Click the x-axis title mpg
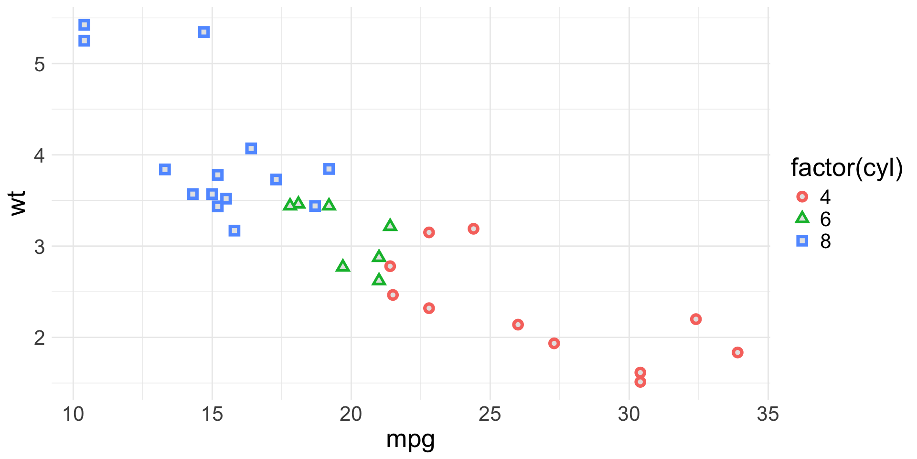tap(410, 439)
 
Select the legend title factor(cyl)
tap(846, 168)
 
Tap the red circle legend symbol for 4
tap(802, 197)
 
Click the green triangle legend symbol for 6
tap(802, 219)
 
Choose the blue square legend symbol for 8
tap(802, 241)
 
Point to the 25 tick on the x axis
tap(490, 414)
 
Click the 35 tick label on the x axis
tap(768, 414)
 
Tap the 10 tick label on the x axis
tap(73, 414)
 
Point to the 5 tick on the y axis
tap(40, 64)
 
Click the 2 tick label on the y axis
tap(40, 338)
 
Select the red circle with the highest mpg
tap(737, 352)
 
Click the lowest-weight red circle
tap(640, 382)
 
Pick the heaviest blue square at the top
tap(85, 25)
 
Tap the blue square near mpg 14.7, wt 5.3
tap(204, 32)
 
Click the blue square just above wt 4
tap(251, 148)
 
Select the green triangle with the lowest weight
tap(379, 279)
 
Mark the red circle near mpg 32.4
tap(696, 319)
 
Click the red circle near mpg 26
tap(518, 325)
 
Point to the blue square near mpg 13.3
tap(165, 169)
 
